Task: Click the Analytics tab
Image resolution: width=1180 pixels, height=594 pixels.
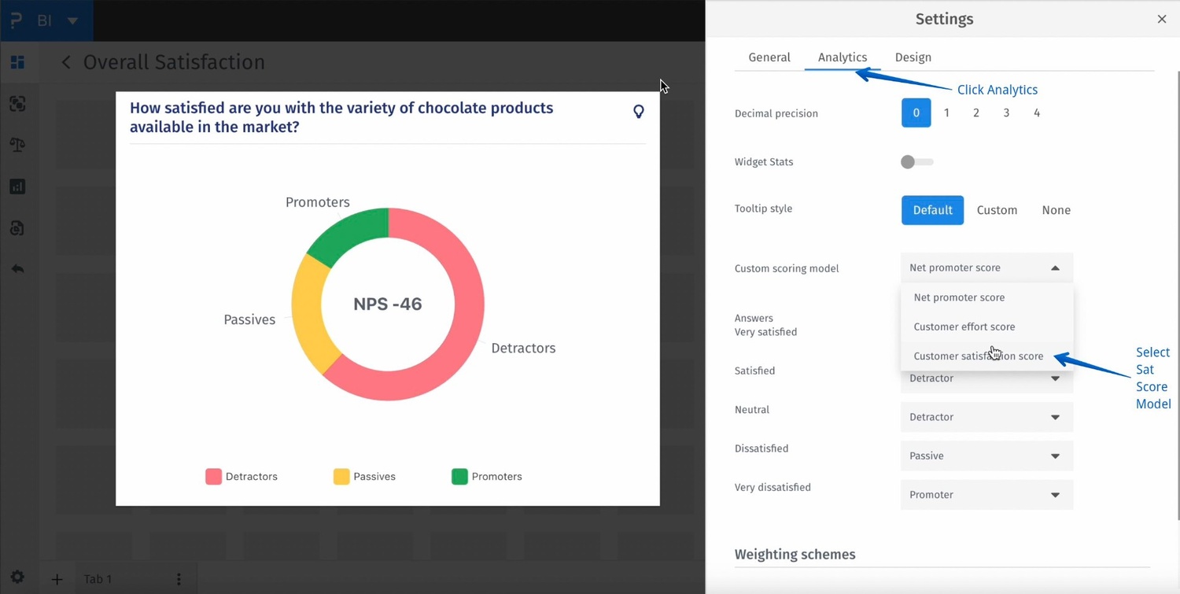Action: pyautogui.click(x=842, y=57)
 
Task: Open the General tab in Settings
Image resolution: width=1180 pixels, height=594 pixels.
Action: pyautogui.click(x=769, y=57)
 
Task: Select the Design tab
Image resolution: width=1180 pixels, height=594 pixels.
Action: pyautogui.click(x=913, y=57)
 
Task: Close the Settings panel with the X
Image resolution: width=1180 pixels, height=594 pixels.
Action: pyautogui.click(x=1161, y=19)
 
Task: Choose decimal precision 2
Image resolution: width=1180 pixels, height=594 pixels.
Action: pyautogui.click(x=975, y=113)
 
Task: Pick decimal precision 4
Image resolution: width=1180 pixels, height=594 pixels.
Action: pyautogui.click(x=1036, y=113)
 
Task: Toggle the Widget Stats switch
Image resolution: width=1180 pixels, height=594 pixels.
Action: pyautogui.click(x=916, y=162)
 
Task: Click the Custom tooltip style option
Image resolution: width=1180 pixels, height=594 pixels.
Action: pyautogui.click(x=997, y=210)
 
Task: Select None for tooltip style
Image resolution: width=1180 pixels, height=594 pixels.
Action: pyautogui.click(x=1056, y=210)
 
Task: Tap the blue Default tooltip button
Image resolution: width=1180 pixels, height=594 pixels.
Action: pyautogui.click(x=932, y=210)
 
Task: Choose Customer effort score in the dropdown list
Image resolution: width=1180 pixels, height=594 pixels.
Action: pyautogui.click(x=964, y=327)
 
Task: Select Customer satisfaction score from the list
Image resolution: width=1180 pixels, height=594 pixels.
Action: pyautogui.click(x=978, y=356)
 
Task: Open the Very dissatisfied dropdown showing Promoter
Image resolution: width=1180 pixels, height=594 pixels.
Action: pyautogui.click(x=986, y=495)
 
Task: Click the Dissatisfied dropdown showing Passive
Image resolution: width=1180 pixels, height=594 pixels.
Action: pyautogui.click(x=986, y=456)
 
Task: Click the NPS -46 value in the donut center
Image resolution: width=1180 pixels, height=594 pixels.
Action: pyautogui.click(x=388, y=304)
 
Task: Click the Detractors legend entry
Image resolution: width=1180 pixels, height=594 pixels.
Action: pyautogui.click(x=242, y=477)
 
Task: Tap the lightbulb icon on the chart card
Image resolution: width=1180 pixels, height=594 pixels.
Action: pyautogui.click(x=639, y=112)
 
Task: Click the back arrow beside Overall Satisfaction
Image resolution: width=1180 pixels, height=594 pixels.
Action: pyautogui.click(x=66, y=62)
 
